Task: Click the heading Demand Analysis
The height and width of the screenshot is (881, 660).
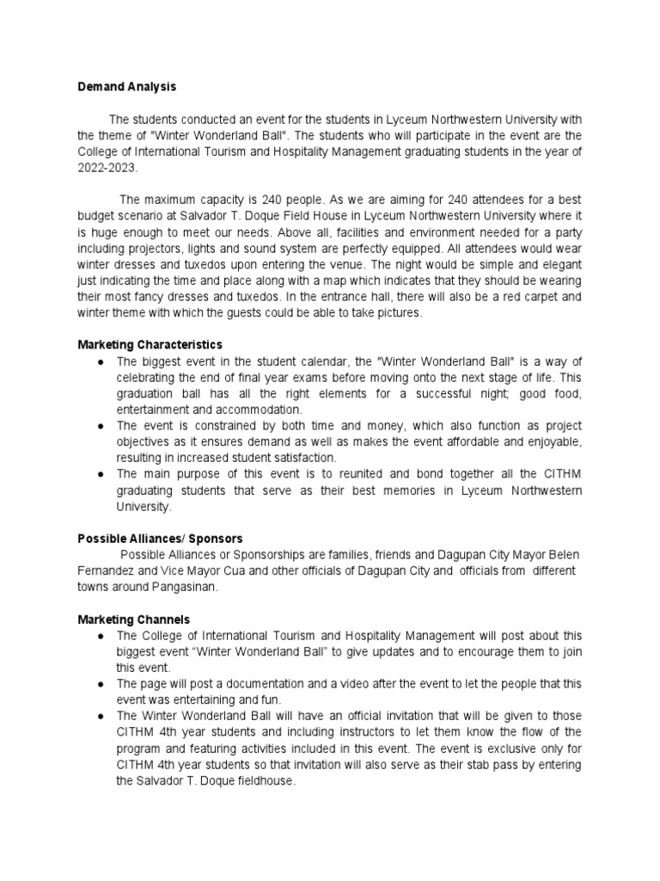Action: pyautogui.click(x=127, y=87)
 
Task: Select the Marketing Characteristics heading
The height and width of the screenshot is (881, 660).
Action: pyautogui.click(x=150, y=345)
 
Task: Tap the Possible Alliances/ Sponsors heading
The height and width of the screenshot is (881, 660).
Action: pyautogui.click(x=161, y=538)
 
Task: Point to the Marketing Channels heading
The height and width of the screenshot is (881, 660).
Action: pyautogui.click(x=133, y=619)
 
